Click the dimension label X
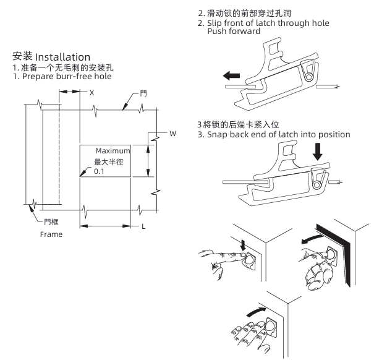click(x=91, y=92)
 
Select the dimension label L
click(x=143, y=226)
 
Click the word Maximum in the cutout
click(x=113, y=151)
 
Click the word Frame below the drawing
click(x=51, y=235)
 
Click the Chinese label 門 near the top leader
click(x=143, y=92)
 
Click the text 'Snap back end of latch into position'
click(x=278, y=134)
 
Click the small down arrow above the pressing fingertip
click(x=243, y=246)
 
